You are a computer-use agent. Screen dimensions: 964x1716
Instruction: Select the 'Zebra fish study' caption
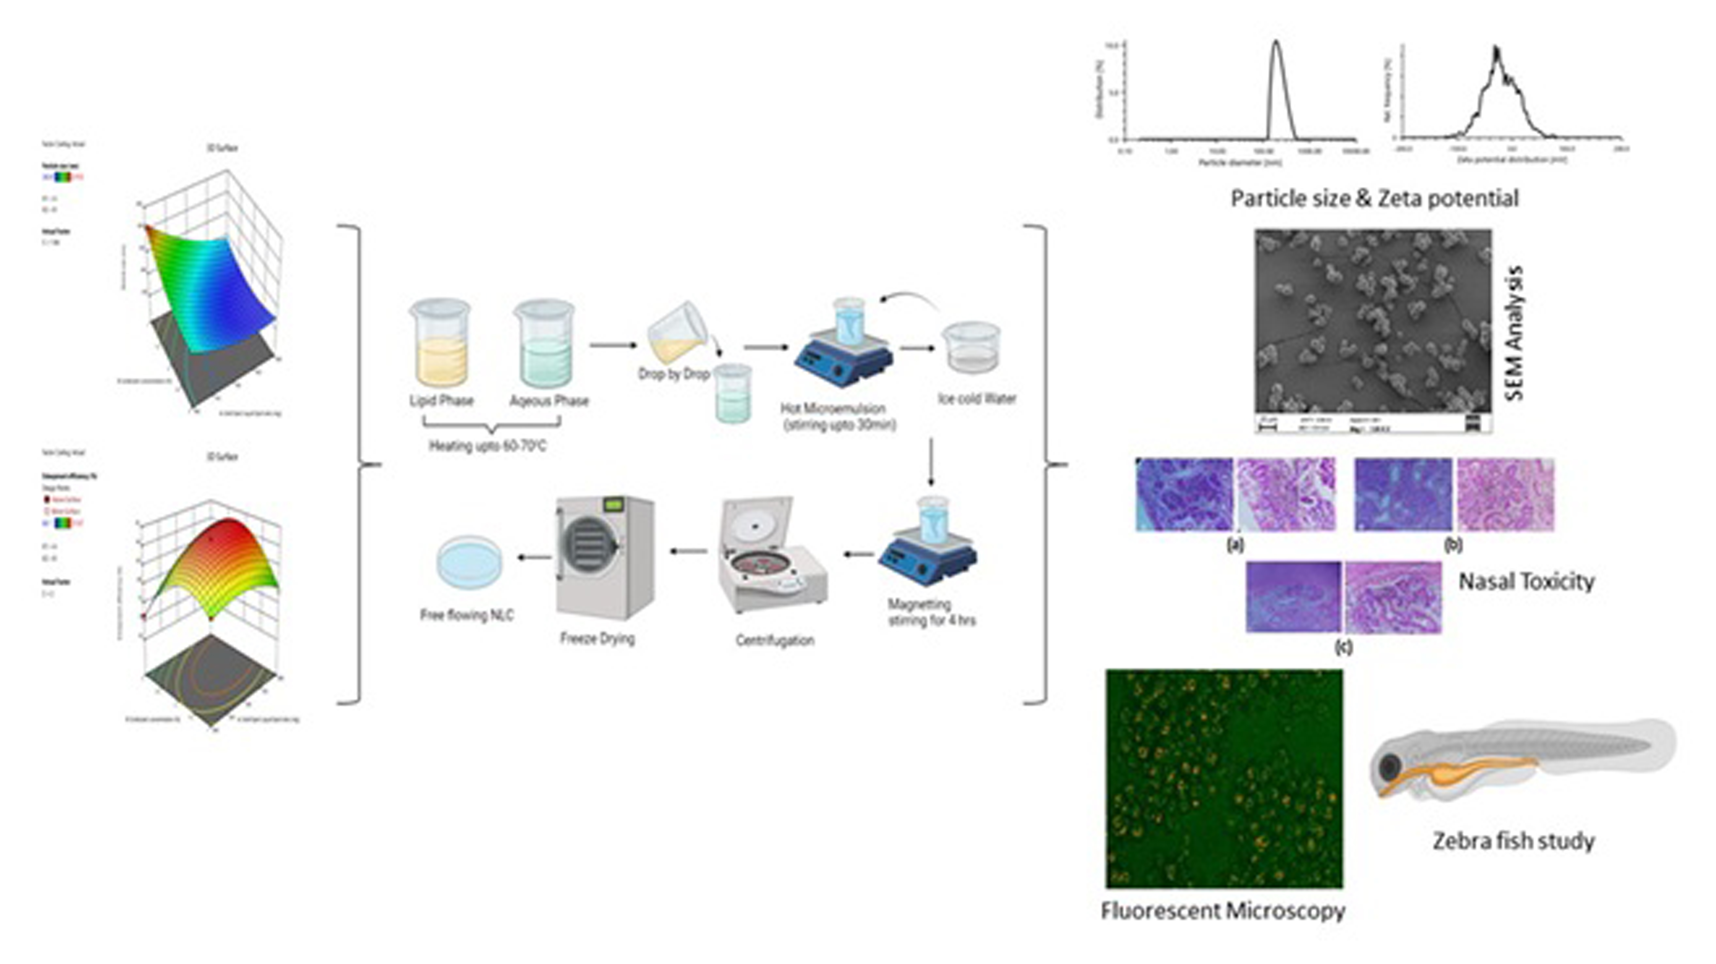1514,841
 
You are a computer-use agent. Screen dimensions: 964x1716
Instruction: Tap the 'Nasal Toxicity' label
1526,582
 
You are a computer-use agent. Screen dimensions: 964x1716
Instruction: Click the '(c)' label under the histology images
1344,646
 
